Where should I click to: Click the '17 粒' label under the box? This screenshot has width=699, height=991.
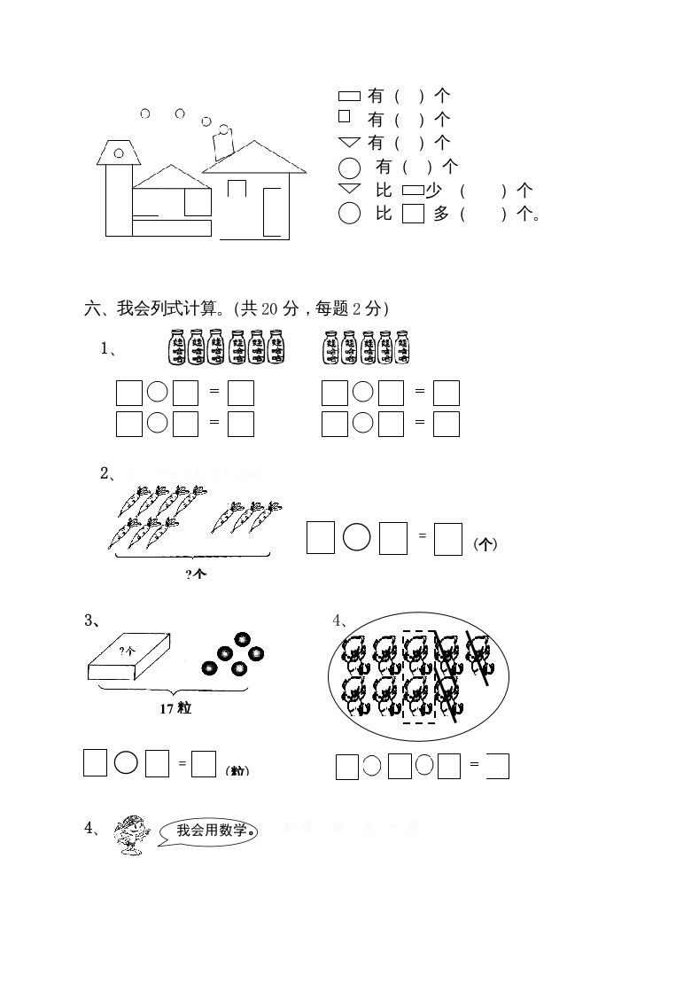175,708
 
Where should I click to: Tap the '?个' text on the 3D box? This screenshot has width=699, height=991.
128,651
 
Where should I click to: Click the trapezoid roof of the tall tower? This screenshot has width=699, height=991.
118,152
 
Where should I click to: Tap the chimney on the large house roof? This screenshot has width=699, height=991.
222,143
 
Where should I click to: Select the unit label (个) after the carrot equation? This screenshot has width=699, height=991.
485,544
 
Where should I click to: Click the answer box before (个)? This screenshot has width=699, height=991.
448,538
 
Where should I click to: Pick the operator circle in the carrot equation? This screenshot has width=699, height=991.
356,537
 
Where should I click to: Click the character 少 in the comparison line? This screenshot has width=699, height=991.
434,190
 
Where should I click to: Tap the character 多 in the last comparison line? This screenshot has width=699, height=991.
441,214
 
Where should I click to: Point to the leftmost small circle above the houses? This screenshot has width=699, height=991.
145,113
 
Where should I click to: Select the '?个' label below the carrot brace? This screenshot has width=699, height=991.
196,574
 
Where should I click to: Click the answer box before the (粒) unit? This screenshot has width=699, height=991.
205,763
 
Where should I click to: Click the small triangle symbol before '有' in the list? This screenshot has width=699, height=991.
349,142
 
